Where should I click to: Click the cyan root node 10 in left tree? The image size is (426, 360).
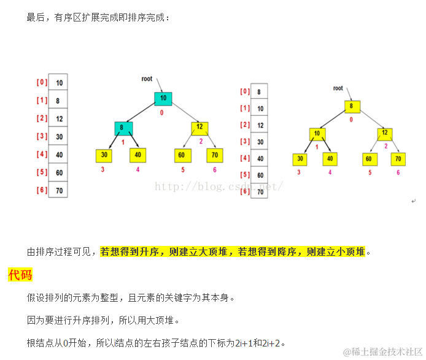[163, 98]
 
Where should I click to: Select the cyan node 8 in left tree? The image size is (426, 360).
[123, 128]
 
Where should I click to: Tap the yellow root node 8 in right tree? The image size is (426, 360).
[352, 105]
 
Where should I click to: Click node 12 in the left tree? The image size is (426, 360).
[199, 128]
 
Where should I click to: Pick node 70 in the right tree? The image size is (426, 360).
[398, 158]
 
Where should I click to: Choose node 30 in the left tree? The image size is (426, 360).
[104, 155]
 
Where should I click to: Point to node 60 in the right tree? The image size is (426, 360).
[369, 158]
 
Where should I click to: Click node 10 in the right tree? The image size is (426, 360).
[317, 133]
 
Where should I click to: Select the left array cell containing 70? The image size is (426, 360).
[60, 191]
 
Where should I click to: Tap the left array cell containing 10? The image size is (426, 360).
[60, 83]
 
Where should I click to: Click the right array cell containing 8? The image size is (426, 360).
[259, 92]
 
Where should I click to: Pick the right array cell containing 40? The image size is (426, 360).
[259, 158]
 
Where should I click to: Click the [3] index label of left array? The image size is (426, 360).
[42, 136]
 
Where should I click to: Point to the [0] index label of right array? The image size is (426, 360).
[244, 92]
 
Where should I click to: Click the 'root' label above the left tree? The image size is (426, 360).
[147, 79]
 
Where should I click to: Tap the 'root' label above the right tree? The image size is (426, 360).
[338, 88]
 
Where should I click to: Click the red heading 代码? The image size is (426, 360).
[20, 275]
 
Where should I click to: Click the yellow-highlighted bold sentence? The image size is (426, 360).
[233, 251]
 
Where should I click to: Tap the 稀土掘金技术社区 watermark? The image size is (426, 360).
[382, 351]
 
